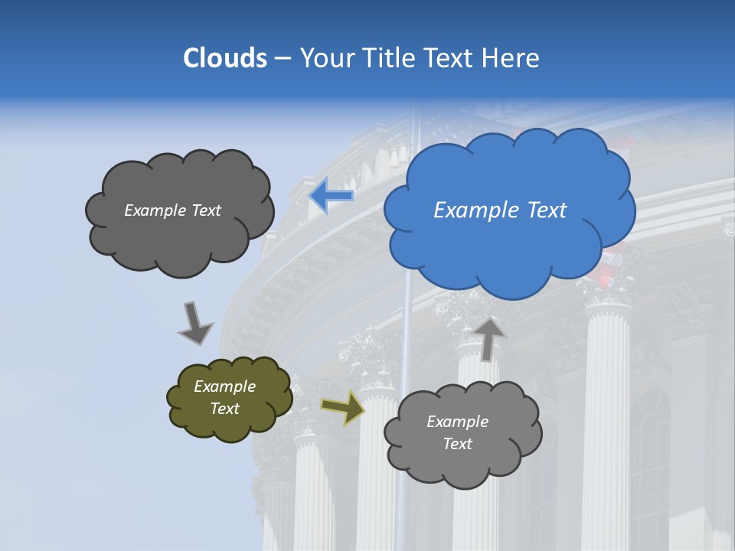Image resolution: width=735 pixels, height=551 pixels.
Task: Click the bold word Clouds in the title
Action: [225, 58]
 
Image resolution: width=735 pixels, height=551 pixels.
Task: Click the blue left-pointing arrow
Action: [331, 196]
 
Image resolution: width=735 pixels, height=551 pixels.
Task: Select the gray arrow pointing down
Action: [194, 322]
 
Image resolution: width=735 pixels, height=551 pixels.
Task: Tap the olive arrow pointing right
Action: [342, 408]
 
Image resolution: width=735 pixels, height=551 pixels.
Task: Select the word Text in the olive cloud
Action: [225, 409]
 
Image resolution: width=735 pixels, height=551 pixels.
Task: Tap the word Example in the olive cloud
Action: [225, 386]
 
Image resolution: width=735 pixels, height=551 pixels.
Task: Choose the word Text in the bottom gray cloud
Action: [458, 444]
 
